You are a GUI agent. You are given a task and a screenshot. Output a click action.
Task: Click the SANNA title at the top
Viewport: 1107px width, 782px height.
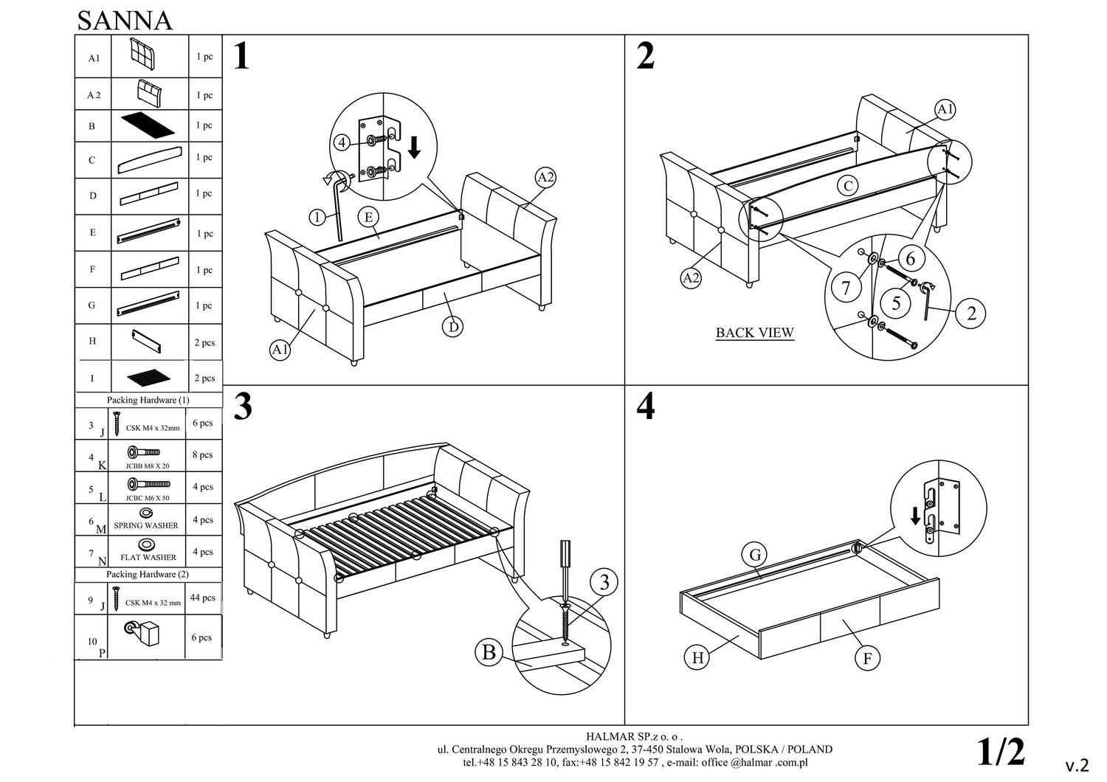coord(125,21)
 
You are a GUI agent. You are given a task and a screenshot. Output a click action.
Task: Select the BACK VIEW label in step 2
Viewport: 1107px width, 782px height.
coord(754,333)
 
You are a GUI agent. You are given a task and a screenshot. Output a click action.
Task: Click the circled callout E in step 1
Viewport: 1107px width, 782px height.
coord(368,217)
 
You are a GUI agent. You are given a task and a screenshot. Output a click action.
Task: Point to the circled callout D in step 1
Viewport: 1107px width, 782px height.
coord(452,326)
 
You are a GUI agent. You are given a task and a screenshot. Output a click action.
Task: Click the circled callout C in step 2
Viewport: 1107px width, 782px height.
coord(848,186)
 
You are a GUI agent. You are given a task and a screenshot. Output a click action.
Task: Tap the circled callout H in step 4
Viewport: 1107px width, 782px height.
coord(697,657)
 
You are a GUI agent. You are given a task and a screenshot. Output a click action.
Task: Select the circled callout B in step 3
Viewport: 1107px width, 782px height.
coord(489,652)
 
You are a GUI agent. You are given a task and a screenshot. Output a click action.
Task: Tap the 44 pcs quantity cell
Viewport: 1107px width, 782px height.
coord(202,598)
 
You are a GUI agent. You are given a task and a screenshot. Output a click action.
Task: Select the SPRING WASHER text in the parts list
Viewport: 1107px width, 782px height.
coord(146,526)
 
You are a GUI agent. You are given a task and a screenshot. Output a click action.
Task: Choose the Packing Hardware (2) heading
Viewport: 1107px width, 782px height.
coord(148,574)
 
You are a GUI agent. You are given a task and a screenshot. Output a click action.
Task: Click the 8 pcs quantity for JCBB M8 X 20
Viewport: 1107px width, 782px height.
coord(202,455)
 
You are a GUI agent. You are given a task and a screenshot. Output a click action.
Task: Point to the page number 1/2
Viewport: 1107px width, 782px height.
coord(1001,752)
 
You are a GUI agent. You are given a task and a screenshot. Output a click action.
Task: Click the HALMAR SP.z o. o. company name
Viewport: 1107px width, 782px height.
coord(635,736)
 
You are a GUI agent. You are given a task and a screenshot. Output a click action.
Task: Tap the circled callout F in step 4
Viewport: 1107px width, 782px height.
coord(867,658)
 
